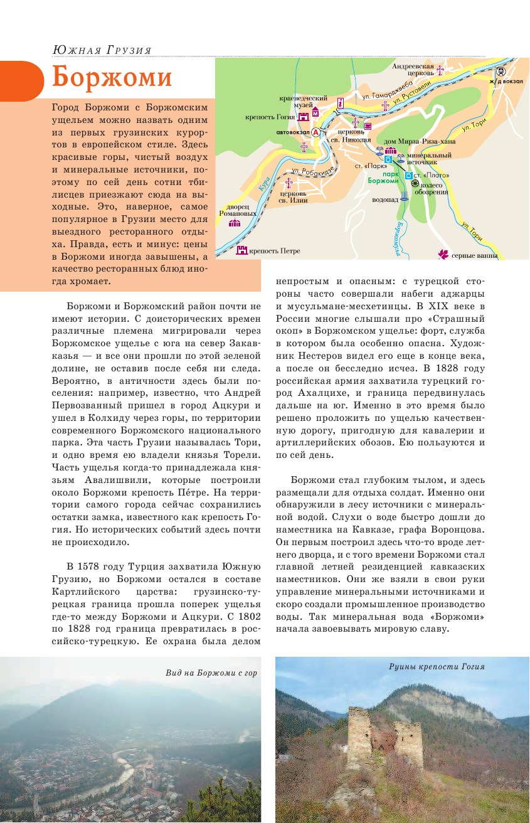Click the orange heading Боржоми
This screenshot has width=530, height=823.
[112, 77]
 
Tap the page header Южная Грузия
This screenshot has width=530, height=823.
[102, 50]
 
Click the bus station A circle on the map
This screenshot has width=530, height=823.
[315, 132]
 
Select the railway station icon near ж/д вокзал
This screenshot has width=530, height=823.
[500, 72]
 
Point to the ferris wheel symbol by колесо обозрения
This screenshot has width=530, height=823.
[415, 183]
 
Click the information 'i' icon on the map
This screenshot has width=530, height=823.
[341, 102]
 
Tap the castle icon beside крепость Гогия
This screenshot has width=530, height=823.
[304, 117]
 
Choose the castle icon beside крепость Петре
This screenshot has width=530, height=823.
[242, 251]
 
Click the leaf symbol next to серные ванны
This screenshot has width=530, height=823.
[442, 254]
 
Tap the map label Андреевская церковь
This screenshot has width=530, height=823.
[413, 69]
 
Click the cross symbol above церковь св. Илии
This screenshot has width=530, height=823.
[289, 183]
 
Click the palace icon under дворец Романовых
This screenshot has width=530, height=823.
[235, 223]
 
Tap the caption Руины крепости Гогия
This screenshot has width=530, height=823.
[437, 666]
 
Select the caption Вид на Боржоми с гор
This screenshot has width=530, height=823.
[211, 672]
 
